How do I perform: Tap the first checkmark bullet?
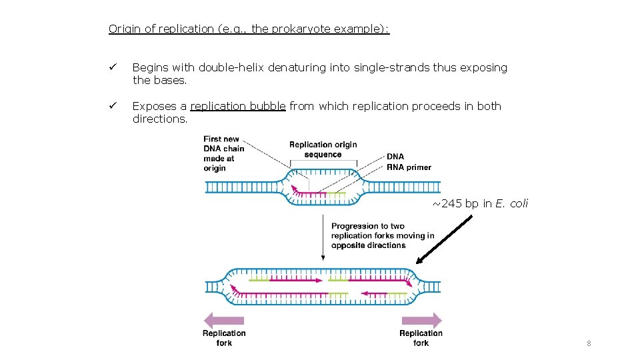click(x=113, y=68)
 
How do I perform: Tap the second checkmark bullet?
click(x=113, y=107)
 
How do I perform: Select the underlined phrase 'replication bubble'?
click(x=238, y=107)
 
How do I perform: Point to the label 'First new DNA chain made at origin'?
click(x=223, y=154)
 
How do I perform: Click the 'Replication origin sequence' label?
click(x=323, y=149)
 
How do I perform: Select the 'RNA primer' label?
click(x=409, y=167)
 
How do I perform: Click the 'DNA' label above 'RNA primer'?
click(x=395, y=157)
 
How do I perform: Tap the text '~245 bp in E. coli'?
click(x=479, y=204)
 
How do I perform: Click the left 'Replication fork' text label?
click(x=224, y=338)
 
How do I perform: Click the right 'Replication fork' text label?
click(x=421, y=338)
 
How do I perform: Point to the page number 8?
click(x=589, y=343)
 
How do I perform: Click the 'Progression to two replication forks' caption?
click(x=382, y=236)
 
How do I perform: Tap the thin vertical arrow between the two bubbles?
click(x=323, y=237)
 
